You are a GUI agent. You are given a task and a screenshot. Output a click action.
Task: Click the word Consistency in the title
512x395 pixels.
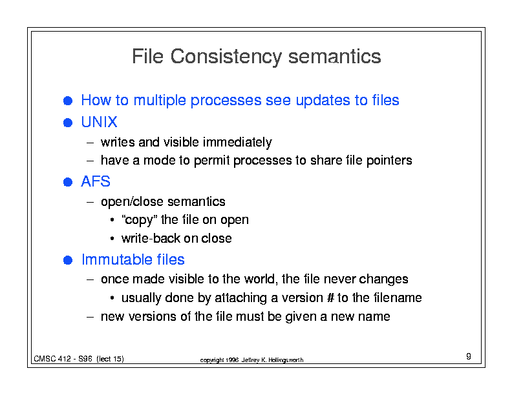coord(226,57)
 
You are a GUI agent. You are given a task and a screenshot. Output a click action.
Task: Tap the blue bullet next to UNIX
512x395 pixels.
coord(68,123)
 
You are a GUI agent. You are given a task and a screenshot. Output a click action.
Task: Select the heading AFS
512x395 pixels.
coord(96,181)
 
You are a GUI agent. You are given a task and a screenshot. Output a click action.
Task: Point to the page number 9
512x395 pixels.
coord(469,356)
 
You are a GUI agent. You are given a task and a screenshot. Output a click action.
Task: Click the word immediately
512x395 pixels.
coord(237,143)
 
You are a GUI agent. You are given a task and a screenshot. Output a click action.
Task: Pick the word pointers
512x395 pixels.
coord(389,160)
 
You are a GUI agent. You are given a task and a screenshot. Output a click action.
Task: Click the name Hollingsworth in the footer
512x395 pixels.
coord(286,360)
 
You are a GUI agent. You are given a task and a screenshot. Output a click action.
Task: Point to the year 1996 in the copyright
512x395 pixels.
coord(232,360)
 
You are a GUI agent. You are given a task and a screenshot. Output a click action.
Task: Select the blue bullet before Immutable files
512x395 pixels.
coord(68,260)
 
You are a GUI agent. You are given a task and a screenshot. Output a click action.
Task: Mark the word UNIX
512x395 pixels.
coord(100,122)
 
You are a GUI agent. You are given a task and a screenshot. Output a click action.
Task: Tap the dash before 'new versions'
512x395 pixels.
coord(91,316)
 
